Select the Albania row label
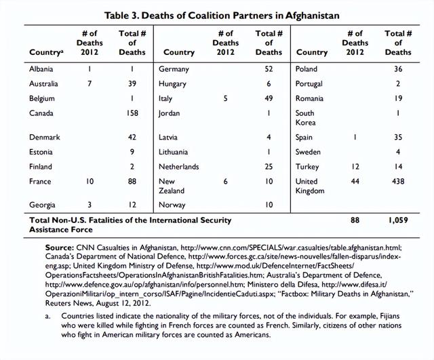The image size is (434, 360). pos(41,68)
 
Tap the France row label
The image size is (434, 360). pos(40,181)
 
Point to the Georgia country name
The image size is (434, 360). pos(42,204)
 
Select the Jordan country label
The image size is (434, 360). pos(169,113)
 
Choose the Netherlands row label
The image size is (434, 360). pos(178,166)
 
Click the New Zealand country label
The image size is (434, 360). pos(172,186)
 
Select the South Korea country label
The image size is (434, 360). pos(307,118)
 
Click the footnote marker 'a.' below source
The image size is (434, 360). pos(48,317)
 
